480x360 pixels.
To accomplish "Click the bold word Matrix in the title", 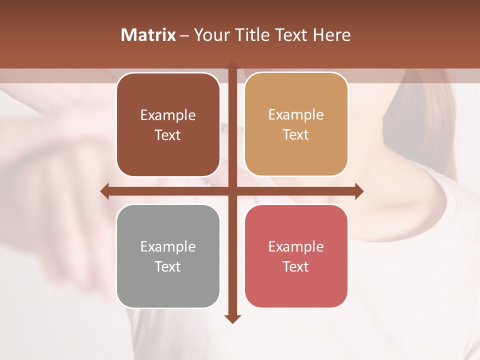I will coord(148,35).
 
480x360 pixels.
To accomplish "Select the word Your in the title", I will coord(210,35).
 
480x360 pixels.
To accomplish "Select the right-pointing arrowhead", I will coord(359,191).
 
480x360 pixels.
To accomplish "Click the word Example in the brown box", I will coord(168,115).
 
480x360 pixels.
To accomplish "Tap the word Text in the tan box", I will coord(296,135).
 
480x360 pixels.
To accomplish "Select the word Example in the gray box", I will coord(168,247).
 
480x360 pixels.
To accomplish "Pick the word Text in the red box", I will coord(296,266).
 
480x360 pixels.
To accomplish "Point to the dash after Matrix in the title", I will coord(184,35).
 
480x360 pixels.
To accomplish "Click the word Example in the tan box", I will coord(296,115).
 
